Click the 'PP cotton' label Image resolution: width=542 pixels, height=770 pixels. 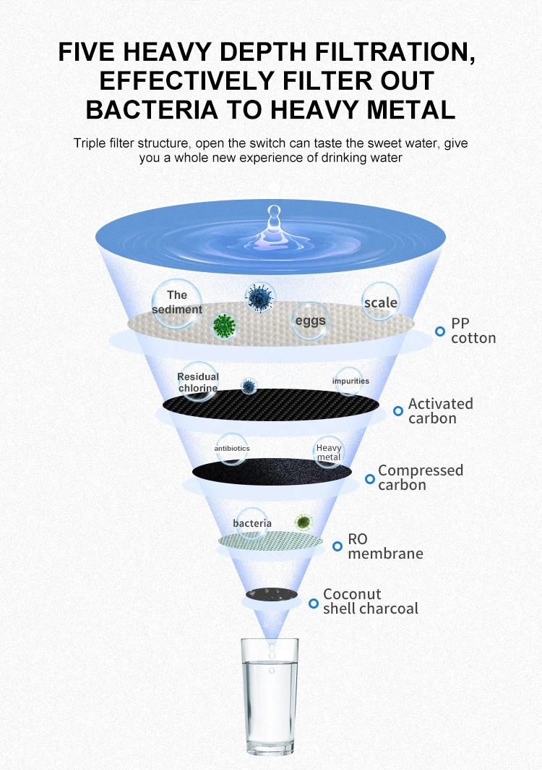click(x=473, y=330)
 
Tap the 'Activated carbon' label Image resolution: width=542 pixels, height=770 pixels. click(x=440, y=410)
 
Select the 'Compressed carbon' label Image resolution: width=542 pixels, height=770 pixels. click(x=420, y=477)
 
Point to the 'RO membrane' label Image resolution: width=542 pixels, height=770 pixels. click(x=384, y=546)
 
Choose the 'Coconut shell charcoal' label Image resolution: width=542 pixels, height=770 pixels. click(x=370, y=601)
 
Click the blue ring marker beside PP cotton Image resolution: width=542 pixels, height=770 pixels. click(x=439, y=331)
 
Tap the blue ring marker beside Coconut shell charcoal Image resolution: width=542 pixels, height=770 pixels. click(x=313, y=603)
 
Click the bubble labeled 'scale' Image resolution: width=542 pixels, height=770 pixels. click(x=381, y=302)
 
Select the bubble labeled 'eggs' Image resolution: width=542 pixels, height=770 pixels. click(x=310, y=321)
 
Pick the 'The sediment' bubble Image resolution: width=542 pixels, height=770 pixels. click(x=176, y=302)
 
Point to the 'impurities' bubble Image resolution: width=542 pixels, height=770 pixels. click(x=350, y=381)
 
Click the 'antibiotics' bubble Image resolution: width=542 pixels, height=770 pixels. click(x=232, y=449)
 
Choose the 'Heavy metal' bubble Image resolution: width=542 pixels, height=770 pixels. click(x=329, y=452)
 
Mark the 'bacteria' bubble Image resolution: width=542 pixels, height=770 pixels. click(x=252, y=523)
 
